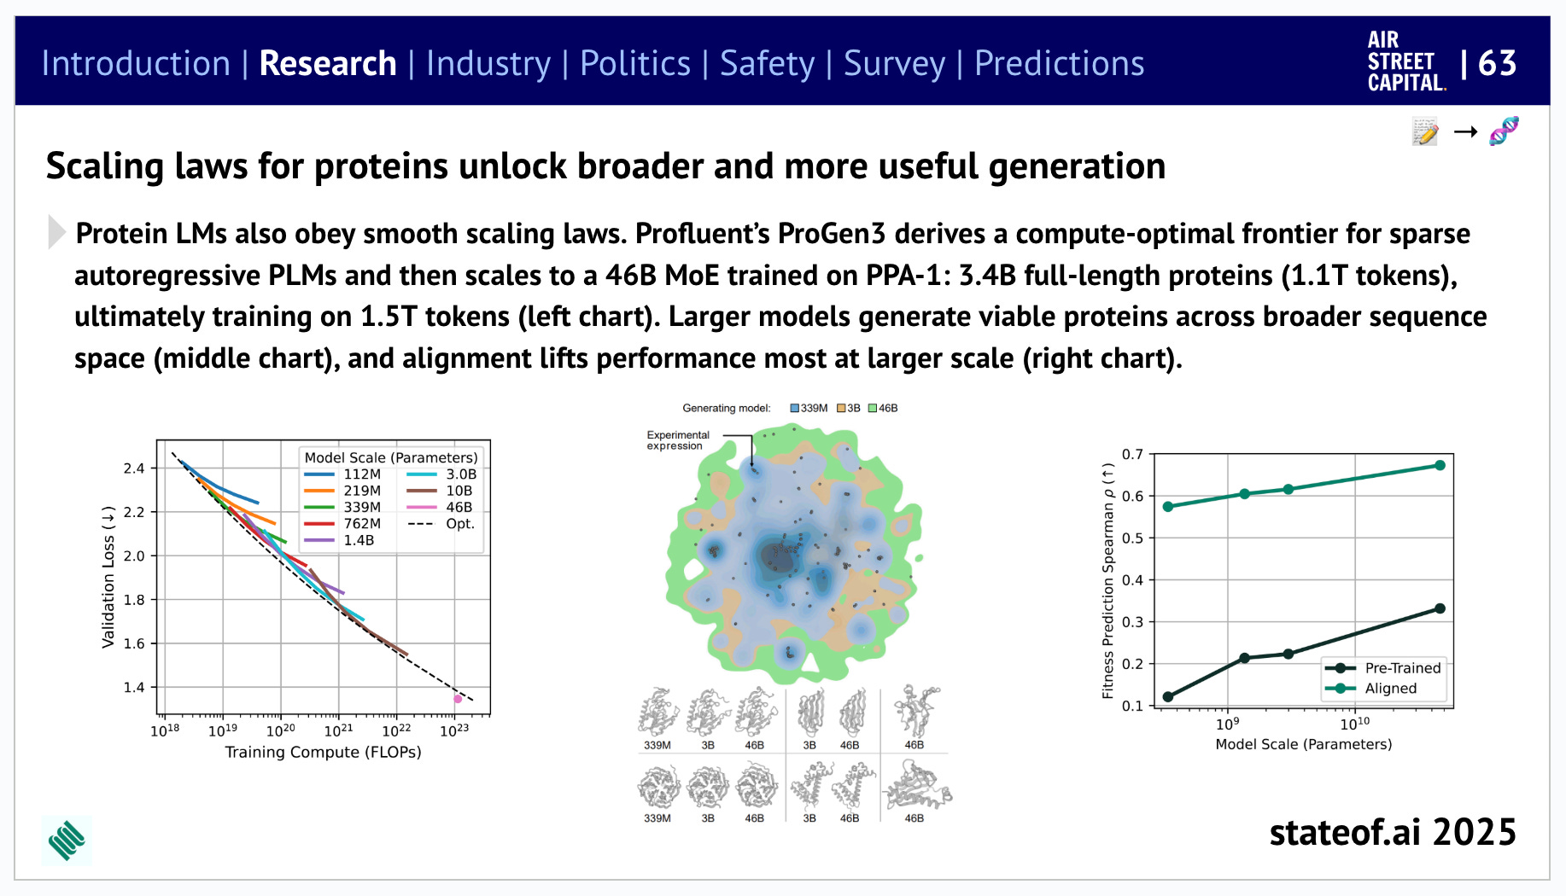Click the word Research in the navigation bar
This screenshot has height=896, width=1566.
327,64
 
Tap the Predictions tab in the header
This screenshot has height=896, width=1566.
1059,64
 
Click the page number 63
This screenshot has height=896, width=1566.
1497,63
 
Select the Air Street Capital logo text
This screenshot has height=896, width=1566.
1405,62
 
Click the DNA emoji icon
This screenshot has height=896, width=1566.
1504,131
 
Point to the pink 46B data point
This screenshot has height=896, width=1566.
458,699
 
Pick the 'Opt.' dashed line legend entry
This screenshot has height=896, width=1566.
441,524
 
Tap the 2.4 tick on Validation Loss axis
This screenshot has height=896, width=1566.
134,468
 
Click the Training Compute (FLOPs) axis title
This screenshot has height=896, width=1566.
323,753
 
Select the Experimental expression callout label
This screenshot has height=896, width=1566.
677,440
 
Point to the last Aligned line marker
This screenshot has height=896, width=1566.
1440,465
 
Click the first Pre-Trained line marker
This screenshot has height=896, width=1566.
1168,697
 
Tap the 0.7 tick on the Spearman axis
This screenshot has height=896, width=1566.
1132,454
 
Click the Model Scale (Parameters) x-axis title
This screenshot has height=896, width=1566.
1303,744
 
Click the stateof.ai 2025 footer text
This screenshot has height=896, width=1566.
1392,832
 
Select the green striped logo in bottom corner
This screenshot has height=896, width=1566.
67,841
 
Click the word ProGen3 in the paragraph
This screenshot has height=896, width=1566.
831,234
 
